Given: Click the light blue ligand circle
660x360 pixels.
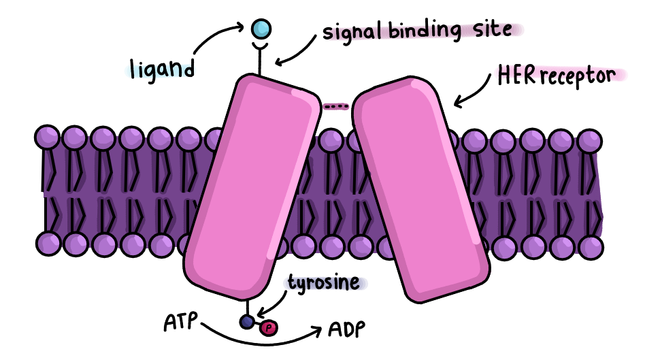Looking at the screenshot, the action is coord(261,29).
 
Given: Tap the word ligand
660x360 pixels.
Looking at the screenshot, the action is coord(162,69).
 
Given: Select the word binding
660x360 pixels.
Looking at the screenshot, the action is coord(425,31).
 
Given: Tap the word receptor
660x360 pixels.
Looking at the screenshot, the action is coord(578,77).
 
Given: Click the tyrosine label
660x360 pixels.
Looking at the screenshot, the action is coord(324,283).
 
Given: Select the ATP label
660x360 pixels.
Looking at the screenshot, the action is coord(180,322).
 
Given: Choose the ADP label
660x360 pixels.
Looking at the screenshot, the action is coord(347,329).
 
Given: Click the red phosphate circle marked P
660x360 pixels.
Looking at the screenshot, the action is coord(269,327).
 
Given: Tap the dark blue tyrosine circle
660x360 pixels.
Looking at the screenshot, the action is coord(247,322).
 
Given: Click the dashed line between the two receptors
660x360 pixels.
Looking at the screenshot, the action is coord(336,107).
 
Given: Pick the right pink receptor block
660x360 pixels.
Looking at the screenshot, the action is coord(420,189).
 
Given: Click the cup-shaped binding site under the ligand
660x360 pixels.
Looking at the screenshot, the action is coord(261,46).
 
